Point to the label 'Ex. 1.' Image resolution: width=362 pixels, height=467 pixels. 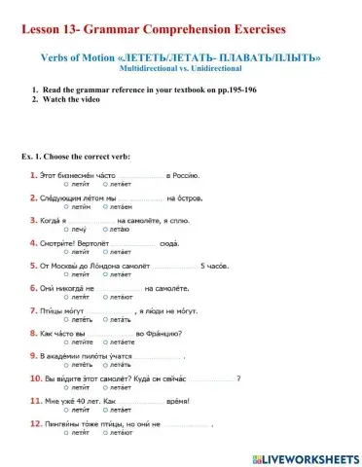pos(31,156)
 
